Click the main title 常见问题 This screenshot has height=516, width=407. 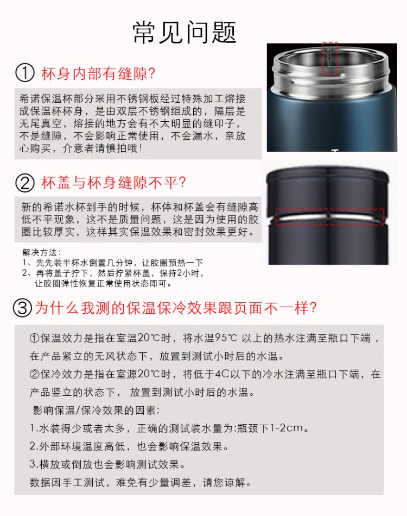185,32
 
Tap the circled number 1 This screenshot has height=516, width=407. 24,73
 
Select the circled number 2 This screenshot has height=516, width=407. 24,183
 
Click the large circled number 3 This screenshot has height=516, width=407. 22,308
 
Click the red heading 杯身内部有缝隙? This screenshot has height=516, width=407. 98,73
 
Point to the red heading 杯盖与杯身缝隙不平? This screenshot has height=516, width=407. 113,183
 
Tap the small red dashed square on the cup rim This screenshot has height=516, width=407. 330,58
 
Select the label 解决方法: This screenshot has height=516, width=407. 41,252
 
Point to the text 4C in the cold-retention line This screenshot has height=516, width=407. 222,374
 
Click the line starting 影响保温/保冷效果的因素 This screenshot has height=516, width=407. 96,410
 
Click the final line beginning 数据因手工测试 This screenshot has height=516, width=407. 140,482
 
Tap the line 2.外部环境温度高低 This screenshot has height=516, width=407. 129,446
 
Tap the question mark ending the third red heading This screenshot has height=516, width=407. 313,308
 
